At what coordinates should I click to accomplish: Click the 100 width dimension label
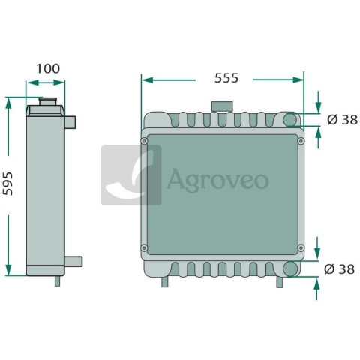pyautogui.click(x=48, y=68)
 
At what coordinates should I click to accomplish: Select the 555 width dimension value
pyautogui.click(x=226, y=78)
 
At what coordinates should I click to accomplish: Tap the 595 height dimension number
pyautogui.click(x=7, y=184)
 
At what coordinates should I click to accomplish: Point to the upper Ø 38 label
pyautogui.click(x=342, y=120)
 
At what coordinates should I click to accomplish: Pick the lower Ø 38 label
pyautogui.click(x=339, y=269)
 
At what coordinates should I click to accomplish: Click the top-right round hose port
pyautogui.click(x=290, y=119)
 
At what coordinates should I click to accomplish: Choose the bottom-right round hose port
pyautogui.click(x=290, y=268)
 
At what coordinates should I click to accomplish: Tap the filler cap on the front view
pyautogui.click(x=222, y=106)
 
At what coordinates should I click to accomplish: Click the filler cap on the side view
pyautogui.click(x=47, y=102)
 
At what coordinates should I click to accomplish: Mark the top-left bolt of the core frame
pyautogui.click(x=144, y=141)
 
